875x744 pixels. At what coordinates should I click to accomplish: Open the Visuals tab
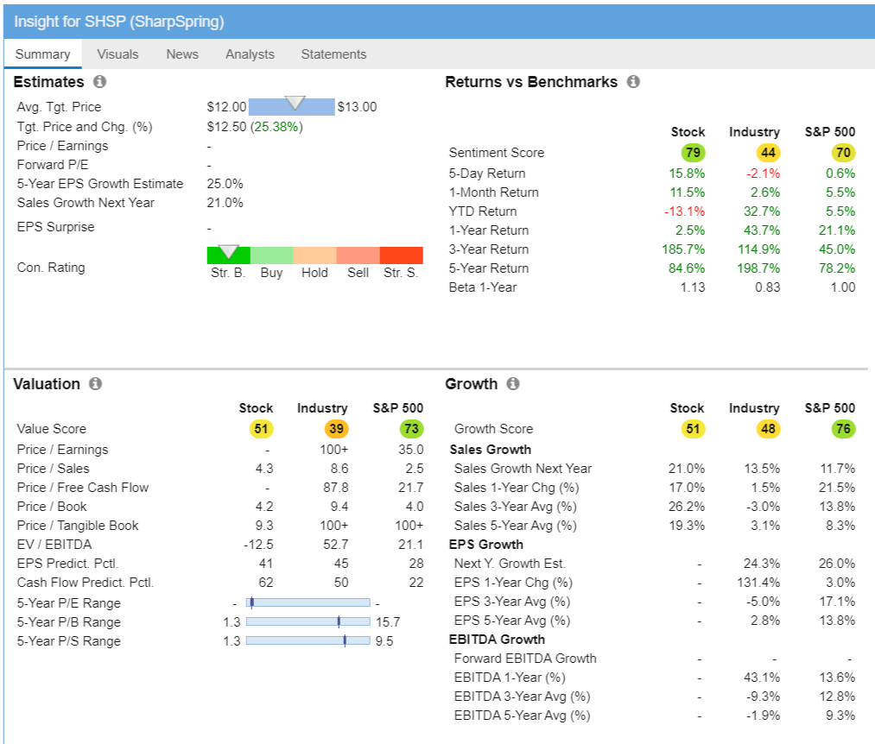click(117, 54)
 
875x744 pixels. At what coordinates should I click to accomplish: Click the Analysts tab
click(250, 54)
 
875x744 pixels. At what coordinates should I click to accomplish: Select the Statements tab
click(333, 54)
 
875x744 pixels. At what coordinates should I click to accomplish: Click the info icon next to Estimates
click(99, 82)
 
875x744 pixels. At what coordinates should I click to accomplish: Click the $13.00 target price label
click(357, 107)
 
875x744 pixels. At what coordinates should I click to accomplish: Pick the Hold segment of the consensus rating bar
click(314, 255)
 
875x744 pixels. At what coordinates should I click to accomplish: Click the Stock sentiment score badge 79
click(693, 153)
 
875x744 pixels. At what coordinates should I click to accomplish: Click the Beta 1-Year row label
click(482, 287)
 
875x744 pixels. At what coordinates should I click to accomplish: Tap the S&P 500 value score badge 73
click(412, 429)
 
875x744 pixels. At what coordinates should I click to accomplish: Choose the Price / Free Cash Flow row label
click(82, 488)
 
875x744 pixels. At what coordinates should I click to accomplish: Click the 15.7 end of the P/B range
click(388, 622)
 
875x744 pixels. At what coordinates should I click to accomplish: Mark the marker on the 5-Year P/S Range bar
click(345, 640)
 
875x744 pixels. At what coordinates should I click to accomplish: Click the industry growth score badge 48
click(768, 429)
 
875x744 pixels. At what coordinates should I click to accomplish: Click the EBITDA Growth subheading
click(497, 640)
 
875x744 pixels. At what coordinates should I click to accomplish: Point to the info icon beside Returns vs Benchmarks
click(633, 82)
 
